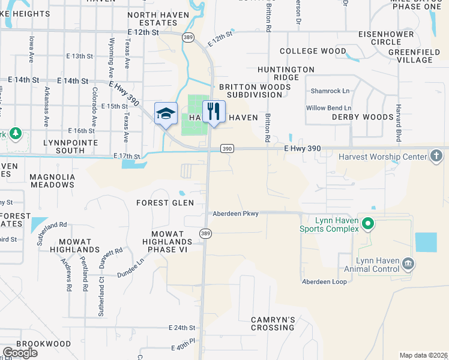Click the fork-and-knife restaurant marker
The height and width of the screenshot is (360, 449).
point(213,112)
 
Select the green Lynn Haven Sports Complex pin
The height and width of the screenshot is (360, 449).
point(369,225)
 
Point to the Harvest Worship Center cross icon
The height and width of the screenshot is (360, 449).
point(436,157)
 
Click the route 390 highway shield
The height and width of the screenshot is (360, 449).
point(226,149)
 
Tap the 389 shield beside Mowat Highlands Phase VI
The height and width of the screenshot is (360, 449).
point(205,233)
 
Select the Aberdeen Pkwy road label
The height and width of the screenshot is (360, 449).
point(235,214)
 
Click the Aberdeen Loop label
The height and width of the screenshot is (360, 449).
point(324,281)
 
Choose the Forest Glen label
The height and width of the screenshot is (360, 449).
point(165,203)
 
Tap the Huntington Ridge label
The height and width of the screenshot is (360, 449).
point(286,74)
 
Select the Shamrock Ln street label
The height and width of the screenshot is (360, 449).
point(330,91)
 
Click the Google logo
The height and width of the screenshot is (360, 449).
point(20,353)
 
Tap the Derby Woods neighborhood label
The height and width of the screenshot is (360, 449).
point(362,118)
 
